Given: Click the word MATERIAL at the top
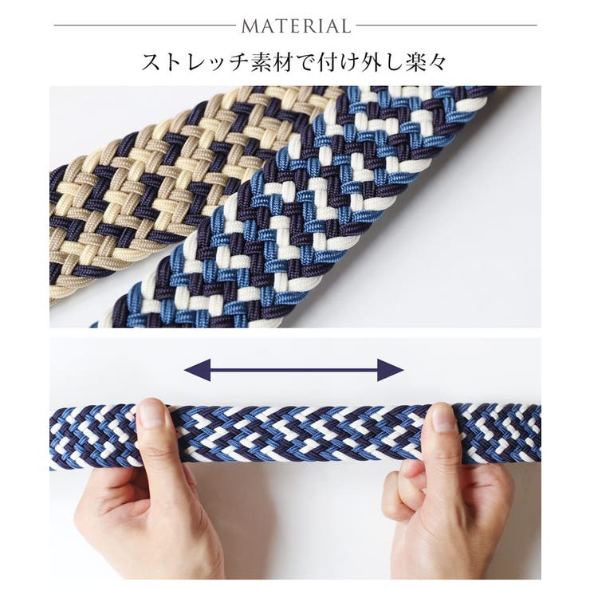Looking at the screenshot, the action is [296, 26].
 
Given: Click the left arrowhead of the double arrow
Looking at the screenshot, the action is [197, 370].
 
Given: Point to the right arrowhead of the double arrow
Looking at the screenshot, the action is [390, 370].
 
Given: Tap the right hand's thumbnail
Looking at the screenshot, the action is [442, 418].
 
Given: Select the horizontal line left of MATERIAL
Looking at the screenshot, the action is [144, 26].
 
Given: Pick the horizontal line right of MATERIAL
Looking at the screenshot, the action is [446, 26].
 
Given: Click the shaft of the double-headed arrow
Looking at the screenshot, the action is [294, 370].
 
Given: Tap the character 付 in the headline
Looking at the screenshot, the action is [324, 62].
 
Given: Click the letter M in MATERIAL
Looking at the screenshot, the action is [250, 26].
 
